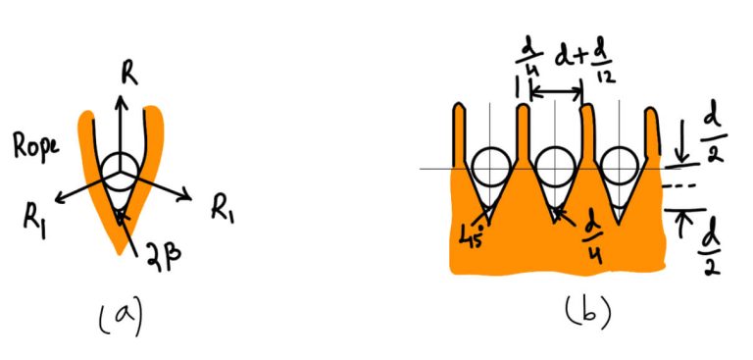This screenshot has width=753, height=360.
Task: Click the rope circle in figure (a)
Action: pos(124,170)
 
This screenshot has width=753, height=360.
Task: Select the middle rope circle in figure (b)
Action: pos(554,166)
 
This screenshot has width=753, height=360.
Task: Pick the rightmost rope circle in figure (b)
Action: pos(620,167)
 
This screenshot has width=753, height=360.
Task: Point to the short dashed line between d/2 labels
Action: pos(678,185)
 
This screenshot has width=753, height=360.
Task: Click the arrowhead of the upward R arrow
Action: pos(122,96)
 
